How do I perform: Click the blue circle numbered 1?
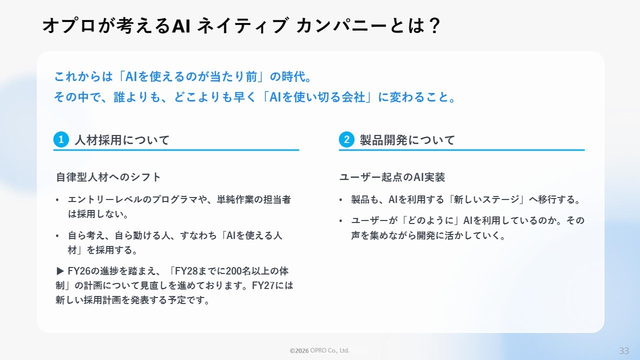pos(61,139)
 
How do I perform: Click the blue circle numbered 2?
pos(346,139)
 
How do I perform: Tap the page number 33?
pos(624,350)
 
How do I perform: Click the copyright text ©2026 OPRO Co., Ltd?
pos(319,350)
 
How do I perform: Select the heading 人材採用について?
pos(122,140)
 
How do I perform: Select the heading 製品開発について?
pos(407,140)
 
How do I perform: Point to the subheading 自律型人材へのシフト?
pos(108,177)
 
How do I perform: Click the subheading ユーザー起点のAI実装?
pos(392,177)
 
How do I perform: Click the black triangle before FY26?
pos(60,271)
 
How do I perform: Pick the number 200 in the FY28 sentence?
pos(234,271)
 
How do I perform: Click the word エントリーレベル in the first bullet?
pos(105,199)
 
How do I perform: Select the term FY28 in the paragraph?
pos(185,271)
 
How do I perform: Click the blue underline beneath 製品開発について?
pos(461,149)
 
